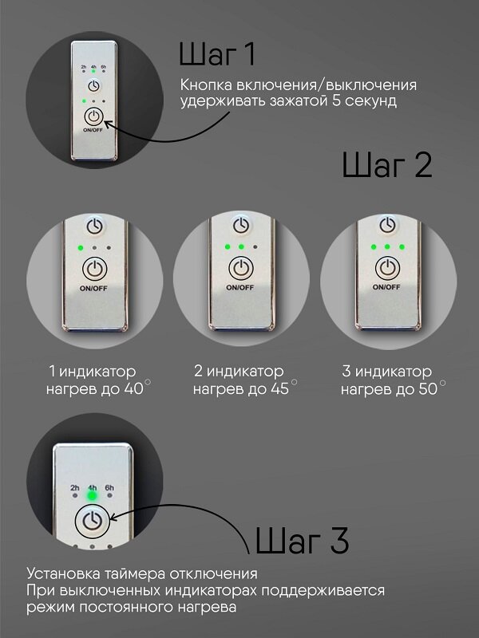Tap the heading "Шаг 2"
[386, 166]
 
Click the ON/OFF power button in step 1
[93, 120]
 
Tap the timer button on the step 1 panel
[93, 85]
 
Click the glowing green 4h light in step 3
[92, 495]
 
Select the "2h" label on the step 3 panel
[74, 487]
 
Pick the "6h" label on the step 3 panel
[109, 487]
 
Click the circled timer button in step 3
[92, 522]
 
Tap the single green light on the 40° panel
[80, 247]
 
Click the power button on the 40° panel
[94, 268]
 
